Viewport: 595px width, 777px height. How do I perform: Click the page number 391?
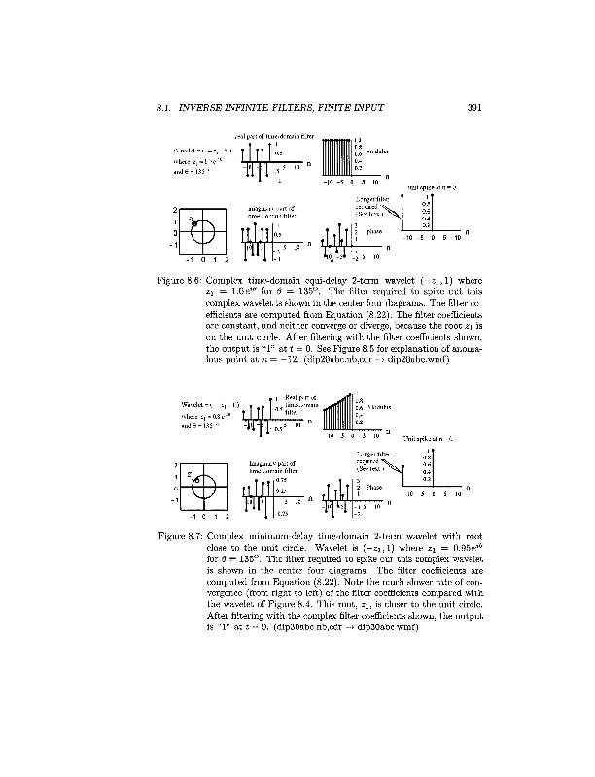click(x=475, y=107)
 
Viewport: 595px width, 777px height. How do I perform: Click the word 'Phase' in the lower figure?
click(x=374, y=486)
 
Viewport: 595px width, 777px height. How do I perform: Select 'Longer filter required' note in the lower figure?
click(x=365, y=458)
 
